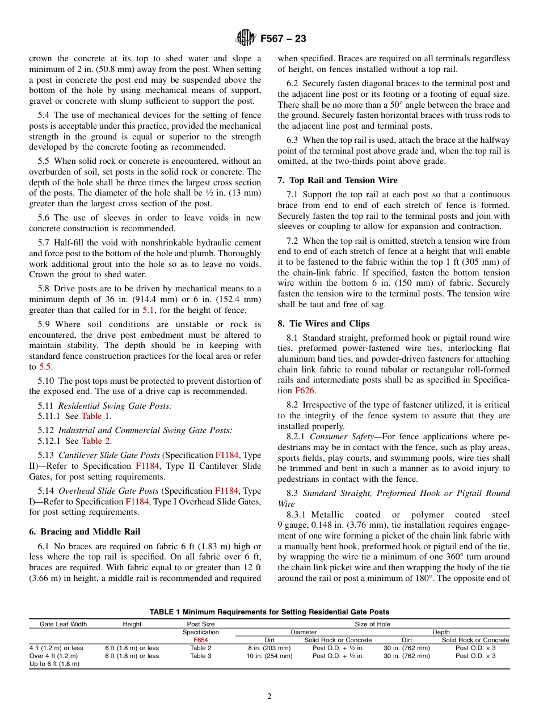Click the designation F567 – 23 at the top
pyautogui.click(x=283, y=39)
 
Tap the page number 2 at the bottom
pyautogui.click(x=269, y=697)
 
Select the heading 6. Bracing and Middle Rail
pyautogui.click(x=85, y=531)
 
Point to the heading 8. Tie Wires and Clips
pyautogui.click(x=323, y=323)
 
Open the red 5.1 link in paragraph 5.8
pyautogui.click(x=148, y=309)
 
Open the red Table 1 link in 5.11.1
pyautogui.click(x=95, y=415)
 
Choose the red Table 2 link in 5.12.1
pyautogui.click(x=96, y=440)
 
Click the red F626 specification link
pyautogui.click(x=305, y=390)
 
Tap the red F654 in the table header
pyautogui.click(x=200, y=640)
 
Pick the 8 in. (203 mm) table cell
pyautogui.click(x=269, y=648)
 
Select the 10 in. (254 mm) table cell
pyautogui.click(x=269, y=656)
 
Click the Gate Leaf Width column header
pyautogui.click(x=63, y=624)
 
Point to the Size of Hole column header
pyautogui.click(x=372, y=624)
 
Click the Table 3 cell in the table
pyautogui.click(x=200, y=656)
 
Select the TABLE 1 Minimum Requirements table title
pyautogui.click(x=269, y=612)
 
